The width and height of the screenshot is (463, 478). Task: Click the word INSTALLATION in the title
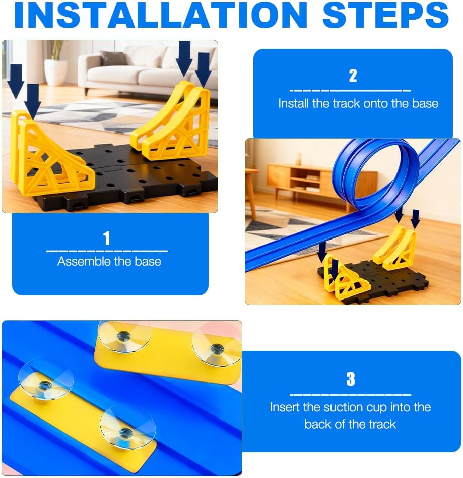(160, 15)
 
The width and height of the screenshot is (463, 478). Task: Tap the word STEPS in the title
(385, 15)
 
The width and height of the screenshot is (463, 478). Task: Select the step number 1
(107, 238)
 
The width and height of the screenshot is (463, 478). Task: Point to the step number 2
(353, 75)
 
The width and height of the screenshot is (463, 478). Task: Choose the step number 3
(351, 379)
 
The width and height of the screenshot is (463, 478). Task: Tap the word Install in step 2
(294, 104)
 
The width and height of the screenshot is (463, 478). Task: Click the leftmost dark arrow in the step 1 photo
(15, 81)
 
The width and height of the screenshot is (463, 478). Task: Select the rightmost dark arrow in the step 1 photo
(203, 70)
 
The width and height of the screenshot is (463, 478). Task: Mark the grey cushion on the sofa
(113, 57)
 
